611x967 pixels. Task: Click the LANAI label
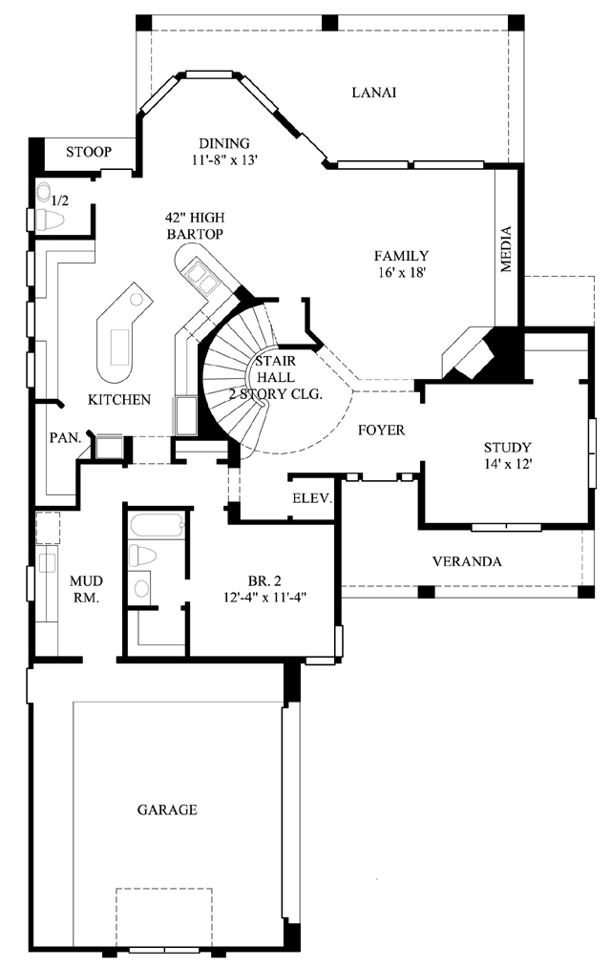(373, 93)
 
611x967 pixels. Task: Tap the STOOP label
(89, 152)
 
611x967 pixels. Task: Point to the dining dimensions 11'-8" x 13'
(223, 159)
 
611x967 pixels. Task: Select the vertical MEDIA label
(506, 249)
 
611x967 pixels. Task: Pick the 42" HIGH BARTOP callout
(194, 225)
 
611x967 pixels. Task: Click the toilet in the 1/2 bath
(50, 219)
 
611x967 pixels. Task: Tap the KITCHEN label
(119, 400)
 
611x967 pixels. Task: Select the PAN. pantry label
(65, 438)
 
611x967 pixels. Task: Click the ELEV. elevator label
(312, 498)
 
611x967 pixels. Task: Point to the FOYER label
(382, 430)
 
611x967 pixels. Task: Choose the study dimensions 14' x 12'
(509, 464)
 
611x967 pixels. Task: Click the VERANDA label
(467, 562)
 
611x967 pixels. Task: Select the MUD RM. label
(86, 589)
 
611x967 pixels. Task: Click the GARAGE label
(167, 809)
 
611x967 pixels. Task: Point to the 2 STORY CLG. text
(276, 394)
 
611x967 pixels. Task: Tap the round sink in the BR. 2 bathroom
(142, 588)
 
